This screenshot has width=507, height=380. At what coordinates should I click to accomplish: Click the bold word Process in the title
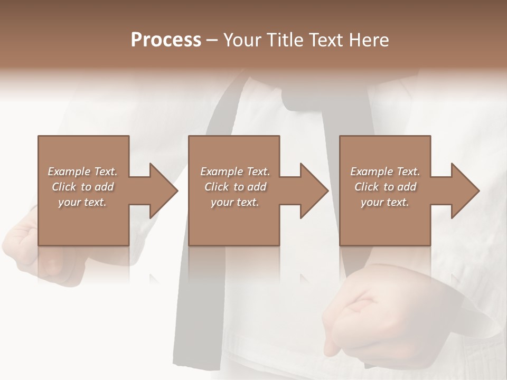[x=166, y=40]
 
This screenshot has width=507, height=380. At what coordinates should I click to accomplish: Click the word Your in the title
[x=242, y=40]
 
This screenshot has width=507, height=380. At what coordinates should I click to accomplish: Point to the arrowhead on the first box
[x=162, y=191]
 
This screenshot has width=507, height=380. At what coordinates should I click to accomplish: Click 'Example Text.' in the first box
[x=82, y=172]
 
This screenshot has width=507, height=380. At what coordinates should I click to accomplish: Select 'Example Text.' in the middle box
[x=235, y=172]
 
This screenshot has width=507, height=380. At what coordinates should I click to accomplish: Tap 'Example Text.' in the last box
[x=385, y=172]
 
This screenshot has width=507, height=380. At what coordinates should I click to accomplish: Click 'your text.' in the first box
[x=82, y=202]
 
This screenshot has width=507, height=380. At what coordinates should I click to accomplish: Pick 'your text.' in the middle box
[x=235, y=202]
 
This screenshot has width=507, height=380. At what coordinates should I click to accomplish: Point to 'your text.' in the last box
[x=385, y=202]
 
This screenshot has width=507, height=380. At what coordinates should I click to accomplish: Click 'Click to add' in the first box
[x=82, y=187]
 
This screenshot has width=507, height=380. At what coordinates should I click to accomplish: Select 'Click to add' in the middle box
[x=235, y=187]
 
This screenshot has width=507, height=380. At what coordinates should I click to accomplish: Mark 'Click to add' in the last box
[x=385, y=187]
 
